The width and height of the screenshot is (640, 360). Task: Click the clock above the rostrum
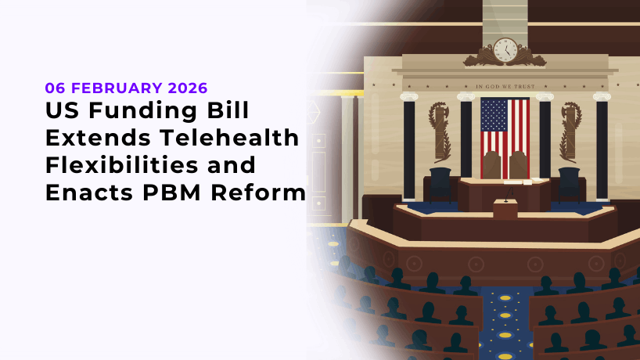pyautogui.click(x=505, y=49)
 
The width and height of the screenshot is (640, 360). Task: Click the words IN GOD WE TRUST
pyautogui.click(x=505, y=87)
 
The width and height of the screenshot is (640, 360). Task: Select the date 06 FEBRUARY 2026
pyautogui.click(x=126, y=88)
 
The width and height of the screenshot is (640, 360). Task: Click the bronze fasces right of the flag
pyautogui.click(x=570, y=129)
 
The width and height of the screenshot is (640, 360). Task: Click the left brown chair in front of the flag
pyautogui.click(x=491, y=164)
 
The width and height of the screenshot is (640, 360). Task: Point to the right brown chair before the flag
pyautogui.click(x=519, y=164)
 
